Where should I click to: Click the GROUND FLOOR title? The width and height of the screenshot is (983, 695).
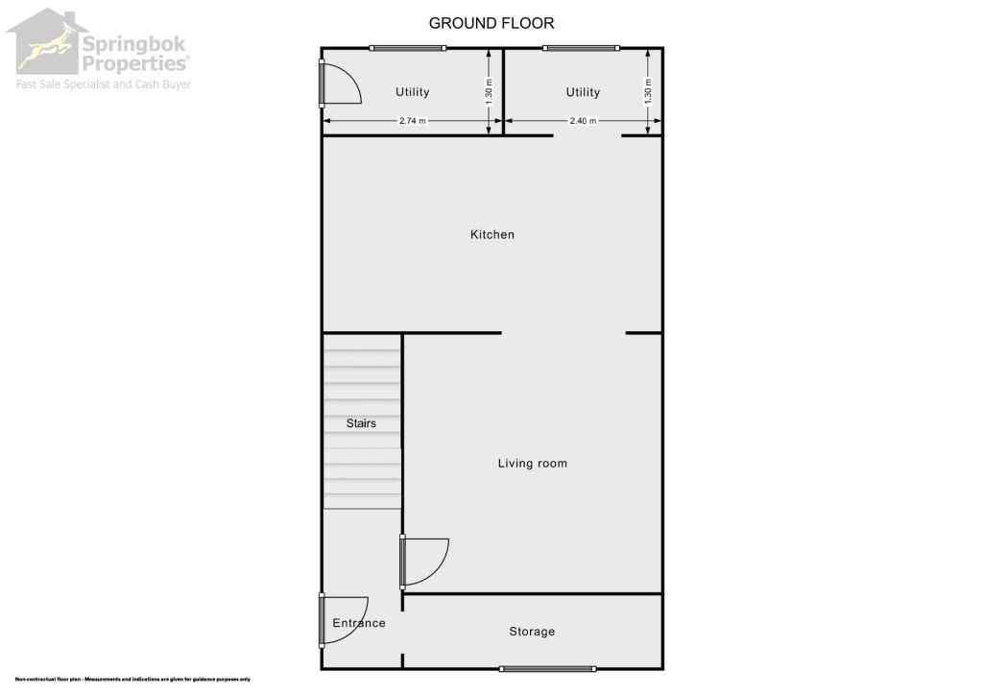coord(491,23)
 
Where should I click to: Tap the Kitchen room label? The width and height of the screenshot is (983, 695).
coord(491,234)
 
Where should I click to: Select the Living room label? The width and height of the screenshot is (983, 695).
coord(532,464)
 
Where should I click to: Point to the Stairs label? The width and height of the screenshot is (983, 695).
coord(361,422)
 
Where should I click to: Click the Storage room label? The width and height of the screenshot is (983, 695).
coord(532,632)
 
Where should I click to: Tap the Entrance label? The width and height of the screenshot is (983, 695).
coord(359,623)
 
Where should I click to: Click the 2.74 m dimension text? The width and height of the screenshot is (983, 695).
coord(412,121)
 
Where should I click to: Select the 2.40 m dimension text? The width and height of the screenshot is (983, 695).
coord(583,121)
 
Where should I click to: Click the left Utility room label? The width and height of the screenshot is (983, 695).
coord(413,92)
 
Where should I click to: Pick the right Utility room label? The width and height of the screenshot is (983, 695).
coord(583,92)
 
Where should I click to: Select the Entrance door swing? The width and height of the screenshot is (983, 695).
coord(343,617)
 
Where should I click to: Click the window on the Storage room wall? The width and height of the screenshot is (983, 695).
coord(547,668)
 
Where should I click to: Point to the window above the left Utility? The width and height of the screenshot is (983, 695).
coord(413,48)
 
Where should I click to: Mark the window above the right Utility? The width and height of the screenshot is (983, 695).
coord(581,48)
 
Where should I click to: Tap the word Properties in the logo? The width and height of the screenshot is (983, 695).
coord(134,63)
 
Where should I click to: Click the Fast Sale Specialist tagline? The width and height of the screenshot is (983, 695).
coord(103,84)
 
